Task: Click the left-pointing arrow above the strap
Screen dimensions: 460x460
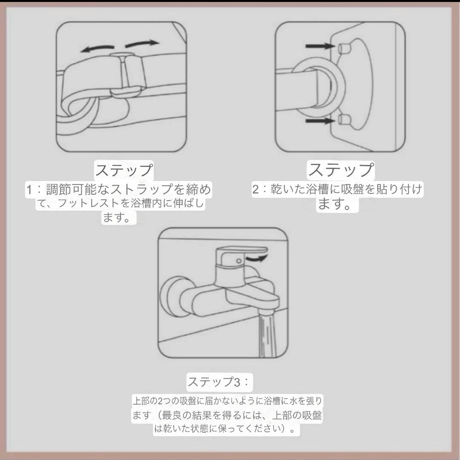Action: (x=97, y=49)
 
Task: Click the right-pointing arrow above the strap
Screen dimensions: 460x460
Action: (x=142, y=43)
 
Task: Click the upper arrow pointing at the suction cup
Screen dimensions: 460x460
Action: (x=320, y=46)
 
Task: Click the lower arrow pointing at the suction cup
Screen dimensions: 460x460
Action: (x=320, y=121)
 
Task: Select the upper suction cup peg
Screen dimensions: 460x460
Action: (x=344, y=48)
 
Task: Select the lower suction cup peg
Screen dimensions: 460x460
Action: (x=344, y=119)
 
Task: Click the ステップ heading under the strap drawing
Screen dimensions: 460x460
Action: (x=124, y=170)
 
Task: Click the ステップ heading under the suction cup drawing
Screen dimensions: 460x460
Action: (x=341, y=170)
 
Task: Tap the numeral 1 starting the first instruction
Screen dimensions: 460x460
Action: (x=29, y=190)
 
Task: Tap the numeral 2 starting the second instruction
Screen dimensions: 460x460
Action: (x=256, y=189)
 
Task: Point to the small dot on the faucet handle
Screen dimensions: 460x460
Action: (x=239, y=261)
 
